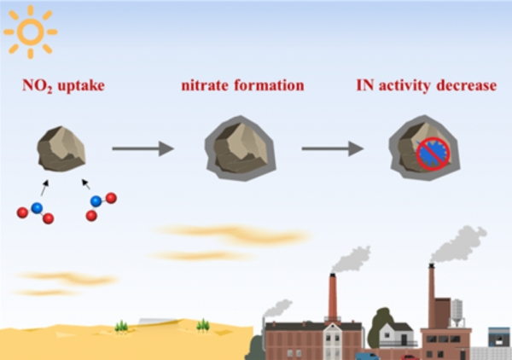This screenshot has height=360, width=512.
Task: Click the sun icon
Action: [31, 32]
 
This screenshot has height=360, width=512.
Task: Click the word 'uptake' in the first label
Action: [81, 86]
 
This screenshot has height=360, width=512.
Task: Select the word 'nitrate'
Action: [205, 85]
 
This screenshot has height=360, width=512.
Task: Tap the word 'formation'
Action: [269, 85]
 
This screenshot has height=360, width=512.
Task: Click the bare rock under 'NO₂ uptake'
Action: [61, 148]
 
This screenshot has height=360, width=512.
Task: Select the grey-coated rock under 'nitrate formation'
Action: [241, 148]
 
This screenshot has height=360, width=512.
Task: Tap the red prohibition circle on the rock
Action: [433, 154]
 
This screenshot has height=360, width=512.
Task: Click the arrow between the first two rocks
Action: [143, 148]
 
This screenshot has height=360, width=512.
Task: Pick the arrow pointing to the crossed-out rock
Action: [333, 148]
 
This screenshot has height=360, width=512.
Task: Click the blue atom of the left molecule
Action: [37, 208]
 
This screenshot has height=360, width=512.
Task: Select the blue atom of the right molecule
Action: [96, 201]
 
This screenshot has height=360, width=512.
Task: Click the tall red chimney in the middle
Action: [333, 297]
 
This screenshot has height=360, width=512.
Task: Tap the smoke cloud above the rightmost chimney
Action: [459, 244]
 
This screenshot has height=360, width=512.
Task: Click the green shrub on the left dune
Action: [121, 327]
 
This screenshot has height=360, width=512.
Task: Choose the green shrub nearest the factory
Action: [203, 325]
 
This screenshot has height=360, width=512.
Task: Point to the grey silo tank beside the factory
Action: [457, 312]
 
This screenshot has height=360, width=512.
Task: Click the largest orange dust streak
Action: [232, 234]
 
